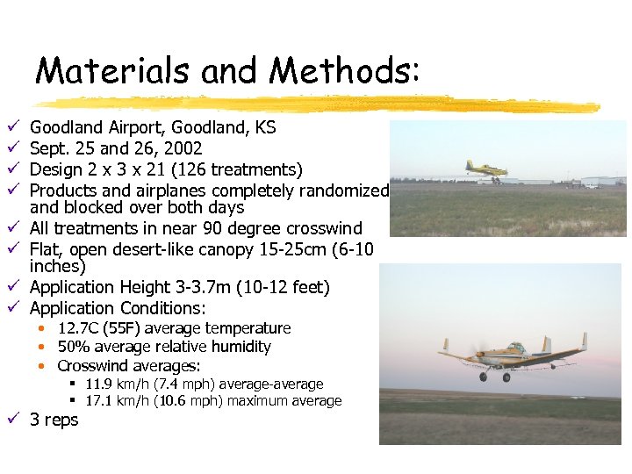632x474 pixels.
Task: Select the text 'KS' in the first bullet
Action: point(265,128)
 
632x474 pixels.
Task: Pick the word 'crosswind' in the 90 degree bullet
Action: point(325,229)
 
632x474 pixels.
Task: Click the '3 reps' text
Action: point(54,420)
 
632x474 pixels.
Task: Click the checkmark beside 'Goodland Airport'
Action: point(10,128)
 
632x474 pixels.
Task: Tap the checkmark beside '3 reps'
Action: point(10,420)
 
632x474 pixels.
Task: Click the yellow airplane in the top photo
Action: point(482,169)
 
